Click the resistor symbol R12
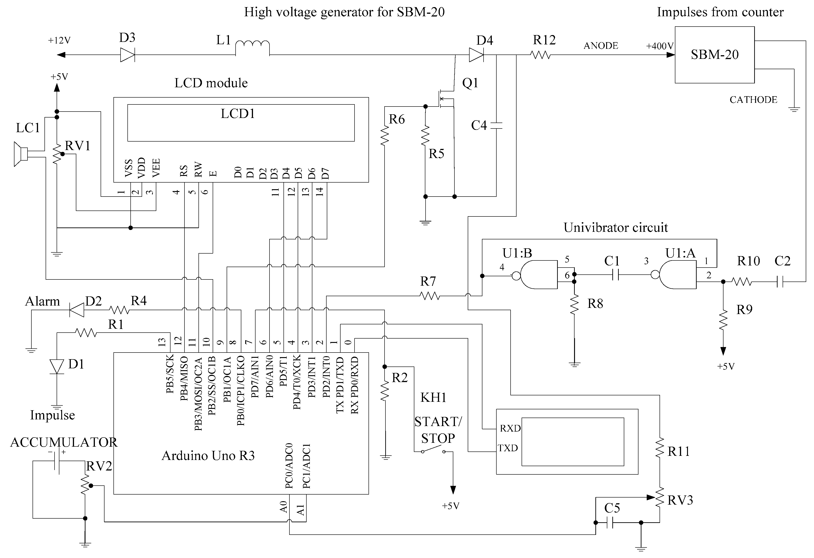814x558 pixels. (540, 55)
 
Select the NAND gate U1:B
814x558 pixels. (538, 275)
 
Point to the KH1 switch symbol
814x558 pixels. (433, 449)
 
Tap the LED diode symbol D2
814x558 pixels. (77, 310)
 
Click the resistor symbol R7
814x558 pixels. (429, 296)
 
